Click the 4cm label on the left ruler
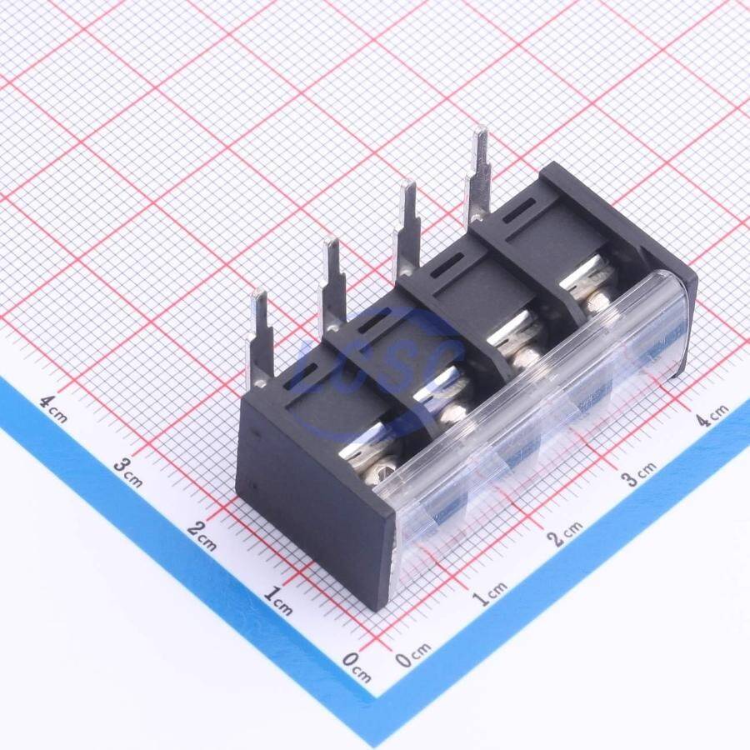pos(53,409)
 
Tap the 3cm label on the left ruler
pos(128,472)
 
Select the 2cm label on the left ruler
pos(202,536)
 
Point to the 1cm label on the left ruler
pos(277,601)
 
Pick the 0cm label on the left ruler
pos(357,667)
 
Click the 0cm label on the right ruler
pos(413,655)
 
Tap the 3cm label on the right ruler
pos(639,473)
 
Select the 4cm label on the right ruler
pos(712,414)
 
